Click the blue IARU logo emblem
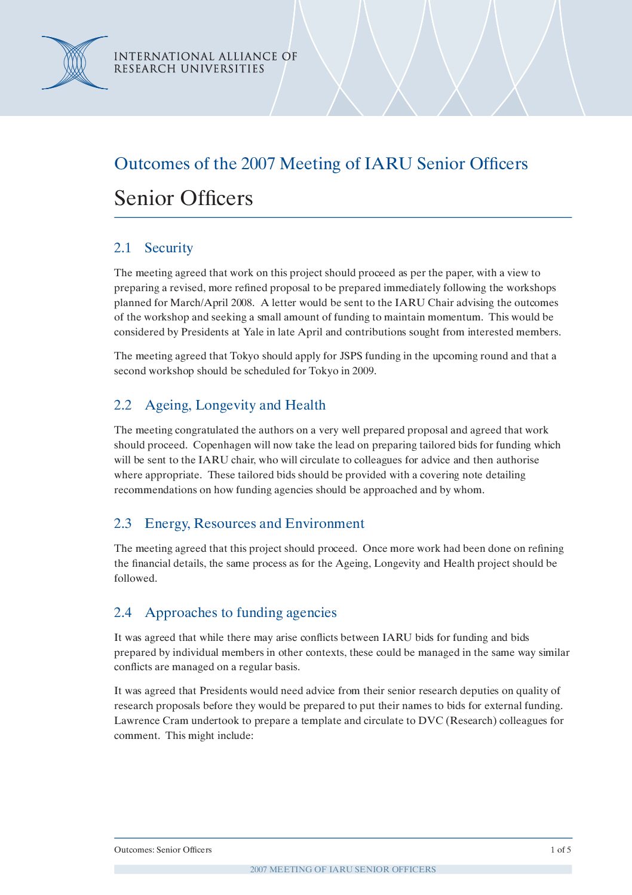pyautogui.click(x=75, y=63)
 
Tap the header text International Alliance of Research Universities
pyautogui.click(x=205, y=63)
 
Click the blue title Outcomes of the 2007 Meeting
pyautogui.click(x=321, y=164)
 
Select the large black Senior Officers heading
pyautogui.click(x=183, y=198)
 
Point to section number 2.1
pyautogui.click(x=122, y=248)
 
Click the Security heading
pyautogui.click(x=168, y=248)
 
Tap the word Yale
pyautogui.click(x=253, y=332)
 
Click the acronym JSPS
pyautogui.click(x=351, y=356)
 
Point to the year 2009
pyautogui.click(x=363, y=371)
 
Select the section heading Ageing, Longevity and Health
pyautogui.click(x=235, y=405)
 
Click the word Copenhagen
pyautogui.click(x=222, y=445)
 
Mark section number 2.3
pyautogui.click(x=122, y=524)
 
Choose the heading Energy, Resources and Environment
pyautogui.click(x=254, y=524)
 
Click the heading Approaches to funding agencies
pyautogui.click(x=241, y=613)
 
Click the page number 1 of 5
pyautogui.click(x=560, y=850)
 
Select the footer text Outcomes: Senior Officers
pyautogui.click(x=162, y=850)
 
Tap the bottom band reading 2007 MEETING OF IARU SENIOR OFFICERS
pyautogui.click(x=343, y=869)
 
